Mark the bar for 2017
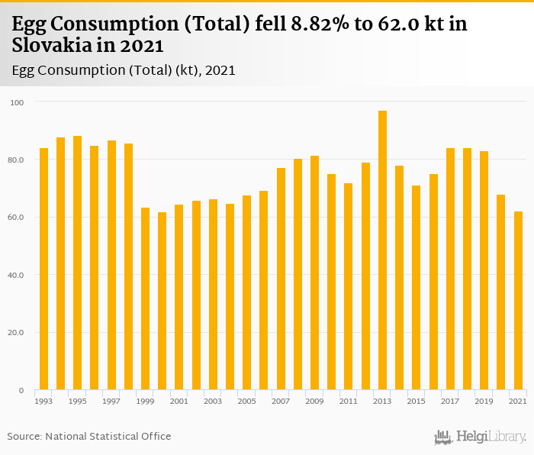(450, 269)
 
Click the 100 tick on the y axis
(18, 102)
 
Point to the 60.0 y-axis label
(17, 218)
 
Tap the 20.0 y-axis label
(17, 333)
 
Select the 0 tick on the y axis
(21, 391)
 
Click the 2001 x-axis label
(179, 401)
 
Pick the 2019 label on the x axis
(484, 401)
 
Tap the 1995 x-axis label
(77, 401)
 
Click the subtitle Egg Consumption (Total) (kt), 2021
(124, 70)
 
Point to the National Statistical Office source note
(89, 436)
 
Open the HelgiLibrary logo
(481, 437)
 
